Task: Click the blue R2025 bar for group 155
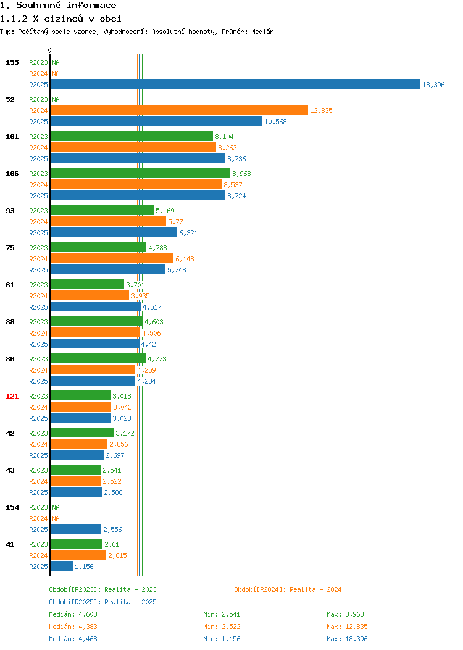pyautogui.click(x=235, y=84)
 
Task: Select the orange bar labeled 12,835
pyautogui.click(x=179, y=110)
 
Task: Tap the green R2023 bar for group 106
pyautogui.click(x=140, y=173)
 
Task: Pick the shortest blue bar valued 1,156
pyautogui.click(x=62, y=566)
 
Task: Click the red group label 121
pyautogui.click(x=12, y=396)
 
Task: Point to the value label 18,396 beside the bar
pyautogui.click(x=433, y=85)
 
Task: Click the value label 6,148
pyautogui.click(x=185, y=259)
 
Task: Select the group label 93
pyautogui.click(x=10, y=211)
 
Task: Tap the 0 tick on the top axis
pyautogui.click(x=50, y=50)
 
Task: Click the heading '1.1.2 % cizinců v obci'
pyautogui.click(x=60, y=19)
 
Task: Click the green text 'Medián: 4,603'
pyautogui.click(x=73, y=614)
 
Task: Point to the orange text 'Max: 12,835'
pyautogui.click(x=347, y=627)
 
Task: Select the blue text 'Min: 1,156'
pyautogui.click(x=222, y=639)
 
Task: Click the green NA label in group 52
pyautogui.click(x=56, y=99)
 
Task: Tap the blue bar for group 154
pyautogui.click(x=76, y=529)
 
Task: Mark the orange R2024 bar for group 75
pyautogui.click(x=112, y=259)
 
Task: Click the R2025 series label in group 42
pyautogui.click(x=38, y=455)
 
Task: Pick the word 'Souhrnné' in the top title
pyautogui.click(x=38, y=6)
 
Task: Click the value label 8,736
pyautogui.click(x=236, y=159)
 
